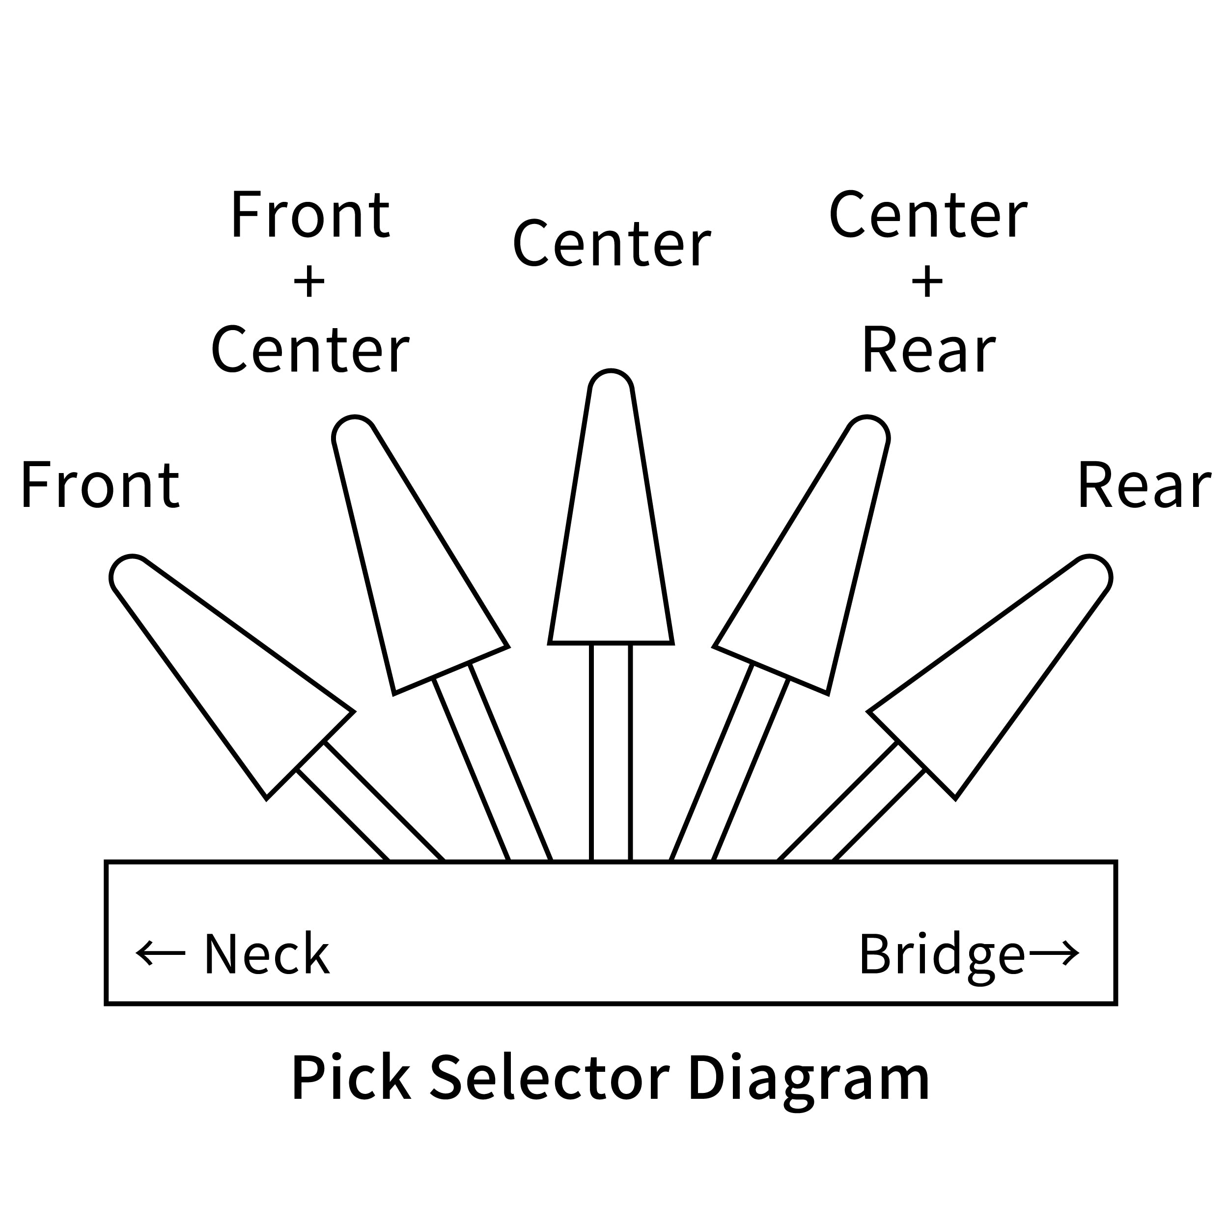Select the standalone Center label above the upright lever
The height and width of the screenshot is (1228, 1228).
pyautogui.click(x=612, y=244)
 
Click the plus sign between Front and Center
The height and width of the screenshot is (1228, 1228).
pyautogui.click(x=309, y=281)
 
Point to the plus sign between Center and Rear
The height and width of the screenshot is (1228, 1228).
pyautogui.click(x=927, y=281)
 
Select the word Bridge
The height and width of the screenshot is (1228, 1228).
pyautogui.click(x=942, y=955)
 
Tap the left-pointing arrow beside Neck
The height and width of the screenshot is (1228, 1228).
pyautogui.click(x=160, y=953)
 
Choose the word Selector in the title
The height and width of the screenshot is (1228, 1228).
pyautogui.click(x=549, y=1078)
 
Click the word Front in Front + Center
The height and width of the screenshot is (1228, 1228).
pyautogui.click(x=309, y=214)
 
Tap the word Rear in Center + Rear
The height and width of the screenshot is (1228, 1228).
pyautogui.click(x=928, y=350)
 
